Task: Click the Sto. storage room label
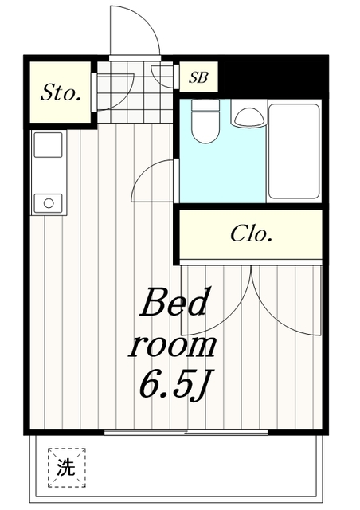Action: point(61,92)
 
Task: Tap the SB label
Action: point(198,77)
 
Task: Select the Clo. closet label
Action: point(251,233)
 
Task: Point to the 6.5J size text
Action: point(174,385)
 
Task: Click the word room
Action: point(172,345)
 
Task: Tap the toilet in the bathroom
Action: point(205,121)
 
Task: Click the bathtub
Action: point(294,151)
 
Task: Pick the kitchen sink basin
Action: point(48,145)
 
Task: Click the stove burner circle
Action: point(49,203)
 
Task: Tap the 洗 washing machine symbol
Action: point(67,468)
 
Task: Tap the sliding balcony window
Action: point(186,432)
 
